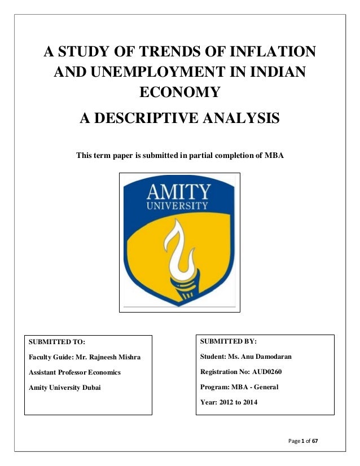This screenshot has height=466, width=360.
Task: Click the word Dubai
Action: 89,388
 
